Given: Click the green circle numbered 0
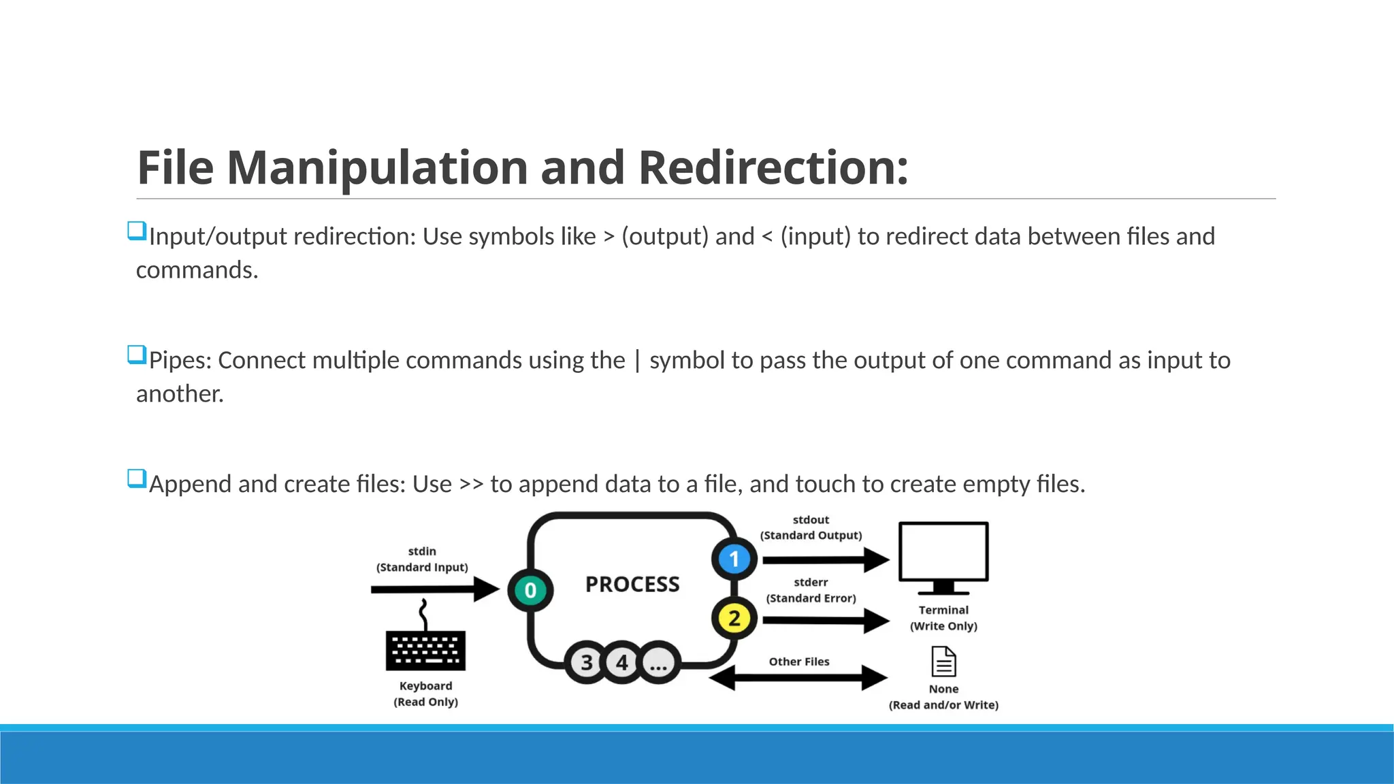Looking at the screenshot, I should pyautogui.click(x=530, y=590).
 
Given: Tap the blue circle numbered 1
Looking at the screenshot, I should pyautogui.click(x=734, y=559).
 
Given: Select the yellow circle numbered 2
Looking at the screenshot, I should pyautogui.click(x=734, y=619).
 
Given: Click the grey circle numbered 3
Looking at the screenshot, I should pyautogui.click(x=587, y=662).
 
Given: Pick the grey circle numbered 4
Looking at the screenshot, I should pyautogui.click(x=622, y=662).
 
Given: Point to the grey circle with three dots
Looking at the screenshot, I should pyautogui.click(x=658, y=662).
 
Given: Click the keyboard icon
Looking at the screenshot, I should pyautogui.click(x=425, y=649).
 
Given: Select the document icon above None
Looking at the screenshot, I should pyautogui.click(x=943, y=661).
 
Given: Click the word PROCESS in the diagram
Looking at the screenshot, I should pyautogui.click(x=632, y=584).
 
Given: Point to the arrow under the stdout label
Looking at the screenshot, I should pyautogui.click(x=824, y=560).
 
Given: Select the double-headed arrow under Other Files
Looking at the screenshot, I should pyautogui.click(x=798, y=678).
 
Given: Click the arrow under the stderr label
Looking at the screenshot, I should pyautogui.click(x=824, y=620).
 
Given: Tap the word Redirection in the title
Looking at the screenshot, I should pyautogui.click(x=773, y=167).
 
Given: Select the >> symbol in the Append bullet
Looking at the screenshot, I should pyautogui.click(x=471, y=484).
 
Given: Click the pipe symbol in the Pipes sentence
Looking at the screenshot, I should pyautogui.click(x=637, y=361).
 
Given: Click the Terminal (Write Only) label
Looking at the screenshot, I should pyautogui.click(x=943, y=618).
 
